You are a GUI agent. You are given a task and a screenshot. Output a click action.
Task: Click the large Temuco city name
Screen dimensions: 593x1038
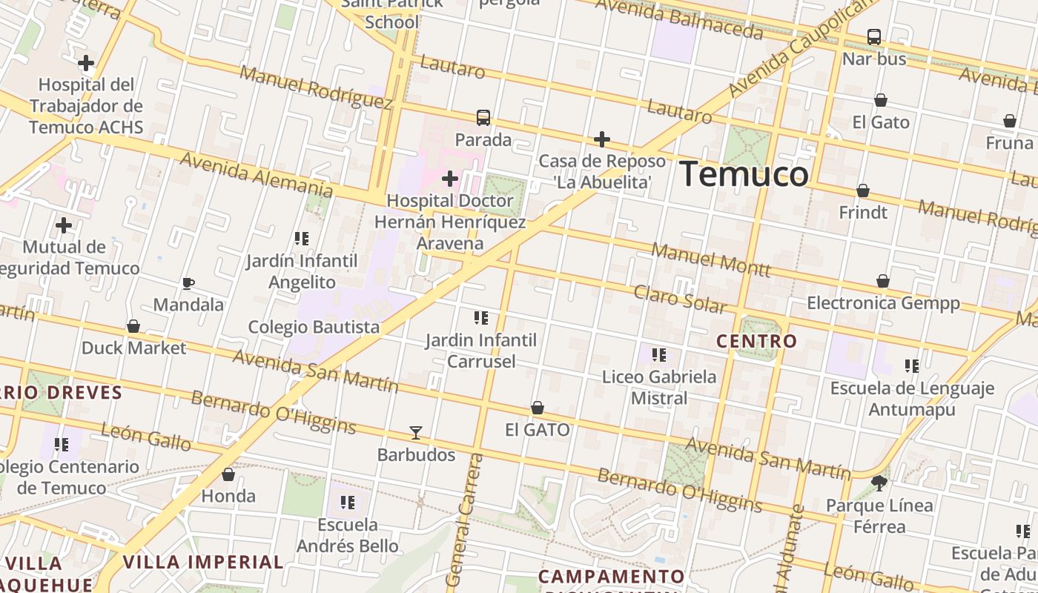(x=744, y=174)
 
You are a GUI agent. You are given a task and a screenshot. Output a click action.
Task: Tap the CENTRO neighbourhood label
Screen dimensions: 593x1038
(x=756, y=341)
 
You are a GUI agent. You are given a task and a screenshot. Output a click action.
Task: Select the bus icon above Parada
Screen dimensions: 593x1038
(x=483, y=117)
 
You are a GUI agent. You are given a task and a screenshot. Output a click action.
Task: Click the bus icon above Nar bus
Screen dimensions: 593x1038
(x=874, y=36)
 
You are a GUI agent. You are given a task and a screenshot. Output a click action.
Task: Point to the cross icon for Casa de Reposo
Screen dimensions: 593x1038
(x=602, y=139)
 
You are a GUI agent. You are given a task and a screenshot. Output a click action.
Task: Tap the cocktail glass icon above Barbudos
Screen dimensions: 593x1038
(x=416, y=432)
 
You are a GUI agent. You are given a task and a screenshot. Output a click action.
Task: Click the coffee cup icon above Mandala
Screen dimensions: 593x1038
(x=188, y=283)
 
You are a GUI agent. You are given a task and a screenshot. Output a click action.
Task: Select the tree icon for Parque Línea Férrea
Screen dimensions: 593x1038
(x=879, y=483)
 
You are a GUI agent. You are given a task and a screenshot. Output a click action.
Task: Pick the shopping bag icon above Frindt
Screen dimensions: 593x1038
(x=863, y=191)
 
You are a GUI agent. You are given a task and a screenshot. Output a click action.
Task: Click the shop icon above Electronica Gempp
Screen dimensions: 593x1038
(x=883, y=281)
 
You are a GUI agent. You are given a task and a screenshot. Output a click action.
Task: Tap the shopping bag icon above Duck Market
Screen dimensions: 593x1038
(x=133, y=326)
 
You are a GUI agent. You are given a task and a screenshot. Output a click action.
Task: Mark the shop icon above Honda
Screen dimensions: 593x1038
(x=228, y=474)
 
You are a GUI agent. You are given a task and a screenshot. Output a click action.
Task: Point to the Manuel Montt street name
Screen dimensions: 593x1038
(x=710, y=259)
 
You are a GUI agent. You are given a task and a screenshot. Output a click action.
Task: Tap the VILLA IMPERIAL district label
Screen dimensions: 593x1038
(x=203, y=562)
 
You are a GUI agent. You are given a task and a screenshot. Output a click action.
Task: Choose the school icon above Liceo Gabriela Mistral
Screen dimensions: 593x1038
(x=659, y=355)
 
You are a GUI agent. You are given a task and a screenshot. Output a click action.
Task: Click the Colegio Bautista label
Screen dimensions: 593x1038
(x=314, y=327)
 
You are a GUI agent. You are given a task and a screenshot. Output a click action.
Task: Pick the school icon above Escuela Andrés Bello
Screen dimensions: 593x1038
(x=347, y=503)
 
